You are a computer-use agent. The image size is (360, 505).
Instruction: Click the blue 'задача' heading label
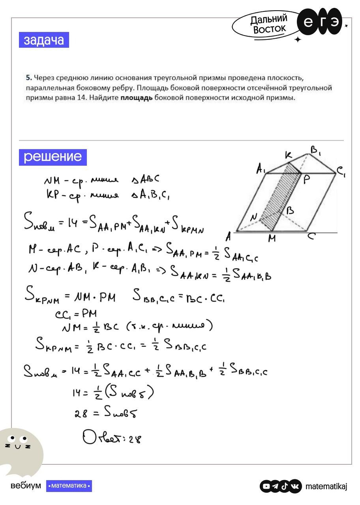[x=44, y=40]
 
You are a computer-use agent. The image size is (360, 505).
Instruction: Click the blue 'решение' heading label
[x=52, y=157]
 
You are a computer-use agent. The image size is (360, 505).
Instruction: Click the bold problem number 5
[x=28, y=77]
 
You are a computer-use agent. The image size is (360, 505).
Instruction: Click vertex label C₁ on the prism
[x=341, y=172]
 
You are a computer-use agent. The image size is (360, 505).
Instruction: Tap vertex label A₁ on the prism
[x=261, y=170]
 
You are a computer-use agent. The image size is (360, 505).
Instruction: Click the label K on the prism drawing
[x=289, y=156]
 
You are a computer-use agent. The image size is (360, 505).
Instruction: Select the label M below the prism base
[x=272, y=238]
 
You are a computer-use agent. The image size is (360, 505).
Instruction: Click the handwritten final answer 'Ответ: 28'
[x=112, y=438]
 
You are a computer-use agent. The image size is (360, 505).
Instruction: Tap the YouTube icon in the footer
[x=266, y=486]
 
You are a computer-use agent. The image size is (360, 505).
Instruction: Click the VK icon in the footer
[x=295, y=486]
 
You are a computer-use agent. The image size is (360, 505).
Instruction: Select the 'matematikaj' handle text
[x=326, y=486]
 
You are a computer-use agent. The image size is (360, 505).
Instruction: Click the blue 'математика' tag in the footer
[x=69, y=486]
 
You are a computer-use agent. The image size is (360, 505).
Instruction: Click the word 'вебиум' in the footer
[x=25, y=486]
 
